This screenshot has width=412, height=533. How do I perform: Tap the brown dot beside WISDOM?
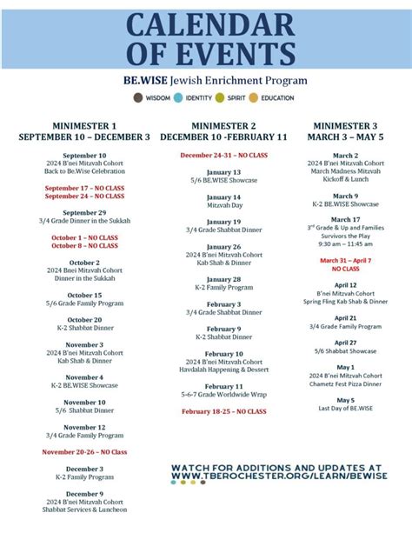(x=138, y=98)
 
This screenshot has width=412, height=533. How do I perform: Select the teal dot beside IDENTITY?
(x=179, y=98)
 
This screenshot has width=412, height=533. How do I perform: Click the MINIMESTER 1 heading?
(x=84, y=126)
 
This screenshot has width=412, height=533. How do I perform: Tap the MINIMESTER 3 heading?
(x=345, y=126)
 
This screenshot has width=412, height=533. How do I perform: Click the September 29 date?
(x=84, y=213)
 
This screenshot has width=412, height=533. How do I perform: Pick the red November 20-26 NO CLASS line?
(x=84, y=452)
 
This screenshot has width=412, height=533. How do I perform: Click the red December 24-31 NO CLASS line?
(x=223, y=155)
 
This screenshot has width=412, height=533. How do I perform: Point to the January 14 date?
(x=223, y=197)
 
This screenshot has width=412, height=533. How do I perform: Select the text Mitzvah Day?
(x=223, y=206)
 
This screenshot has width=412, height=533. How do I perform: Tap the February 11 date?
(x=223, y=386)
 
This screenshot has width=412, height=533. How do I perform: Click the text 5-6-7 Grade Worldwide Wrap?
(x=223, y=395)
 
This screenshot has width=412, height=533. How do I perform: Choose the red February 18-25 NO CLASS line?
(x=223, y=411)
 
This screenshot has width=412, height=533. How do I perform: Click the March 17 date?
(x=345, y=219)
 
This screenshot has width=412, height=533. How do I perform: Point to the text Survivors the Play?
(x=345, y=237)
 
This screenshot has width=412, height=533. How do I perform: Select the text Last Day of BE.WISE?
(x=345, y=408)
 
